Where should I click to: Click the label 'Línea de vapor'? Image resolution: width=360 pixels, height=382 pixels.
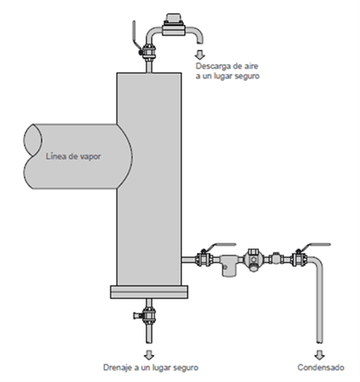pyautogui.click(x=74, y=156)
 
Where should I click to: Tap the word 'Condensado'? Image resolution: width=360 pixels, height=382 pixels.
pyautogui.click(x=320, y=367)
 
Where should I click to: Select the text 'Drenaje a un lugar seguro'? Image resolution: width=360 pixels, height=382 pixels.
pyautogui.click(x=150, y=367)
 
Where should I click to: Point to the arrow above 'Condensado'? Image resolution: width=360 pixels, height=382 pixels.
pyautogui.click(x=320, y=354)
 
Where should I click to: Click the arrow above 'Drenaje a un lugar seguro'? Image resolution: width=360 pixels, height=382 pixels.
pyautogui.click(x=149, y=354)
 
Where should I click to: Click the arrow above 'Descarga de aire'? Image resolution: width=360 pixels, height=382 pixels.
pyautogui.click(x=200, y=55)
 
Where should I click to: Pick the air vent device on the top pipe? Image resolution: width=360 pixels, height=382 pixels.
pyautogui.click(x=174, y=25)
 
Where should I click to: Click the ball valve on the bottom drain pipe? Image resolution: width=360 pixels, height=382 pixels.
pyautogui.click(x=147, y=315)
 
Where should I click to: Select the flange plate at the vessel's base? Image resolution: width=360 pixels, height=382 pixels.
pyautogui.click(x=149, y=292)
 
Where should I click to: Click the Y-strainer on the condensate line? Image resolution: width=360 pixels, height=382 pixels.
pyautogui.click(x=227, y=265)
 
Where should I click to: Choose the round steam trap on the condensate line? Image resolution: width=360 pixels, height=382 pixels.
pyautogui.click(x=253, y=260)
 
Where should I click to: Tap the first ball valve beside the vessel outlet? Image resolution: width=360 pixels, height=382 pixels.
pyautogui.click(x=203, y=259)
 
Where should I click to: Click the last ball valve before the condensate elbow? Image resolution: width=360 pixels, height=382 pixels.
pyautogui.click(x=299, y=259)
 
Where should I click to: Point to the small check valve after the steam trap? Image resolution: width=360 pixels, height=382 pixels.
pyautogui.click(x=276, y=259)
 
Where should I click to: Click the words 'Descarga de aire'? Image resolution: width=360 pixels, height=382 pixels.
pyautogui.click(x=227, y=66)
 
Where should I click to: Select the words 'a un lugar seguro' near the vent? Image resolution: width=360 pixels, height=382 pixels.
pyautogui.click(x=227, y=76)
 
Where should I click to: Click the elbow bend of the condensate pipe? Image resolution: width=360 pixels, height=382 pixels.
pyautogui.click(x=317, y=261)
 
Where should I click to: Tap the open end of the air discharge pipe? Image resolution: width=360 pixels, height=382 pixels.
pyautogui.click(x=200, y=42)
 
